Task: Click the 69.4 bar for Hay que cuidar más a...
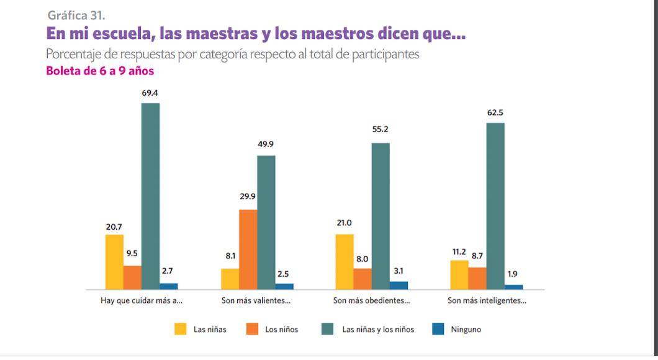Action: pos(150,196)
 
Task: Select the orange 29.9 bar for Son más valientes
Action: pos(248,250)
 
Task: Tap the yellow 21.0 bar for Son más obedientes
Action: pos(345,261)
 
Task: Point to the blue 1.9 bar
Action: pos(513,287)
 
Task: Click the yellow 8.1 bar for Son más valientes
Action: pos(230,279)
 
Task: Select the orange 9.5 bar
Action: pos(132,277)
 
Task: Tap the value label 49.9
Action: pos(266,144)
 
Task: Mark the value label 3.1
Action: pos(399,271)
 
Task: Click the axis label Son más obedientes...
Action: pos(371,301)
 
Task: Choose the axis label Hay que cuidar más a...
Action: pos(142,301)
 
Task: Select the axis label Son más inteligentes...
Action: pos(487,301)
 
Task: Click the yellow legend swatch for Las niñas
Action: pos(181,329)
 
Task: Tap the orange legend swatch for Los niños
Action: pos(253,329)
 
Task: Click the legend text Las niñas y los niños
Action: pos(378,330)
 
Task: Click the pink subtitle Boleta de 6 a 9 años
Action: pos(100,71)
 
